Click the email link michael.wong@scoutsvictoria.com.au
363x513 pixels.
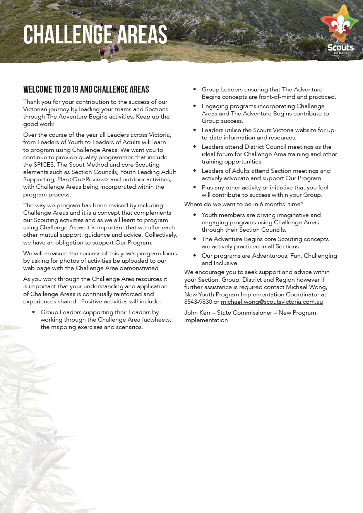click(x=272, y=302)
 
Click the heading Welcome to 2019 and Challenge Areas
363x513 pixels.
click(x=86, y=90)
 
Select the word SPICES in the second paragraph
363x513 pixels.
click(x=44, y=165)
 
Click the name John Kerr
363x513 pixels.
click(x=197, y=313)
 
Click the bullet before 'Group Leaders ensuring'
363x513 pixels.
click(x=195, y=90)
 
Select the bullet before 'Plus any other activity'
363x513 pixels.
click(x=195, y=188)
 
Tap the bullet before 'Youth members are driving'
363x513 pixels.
click(x=195, y=215)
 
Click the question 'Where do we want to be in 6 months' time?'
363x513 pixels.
click(x=244, y=204)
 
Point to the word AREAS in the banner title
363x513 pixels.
click(x=142, y=35)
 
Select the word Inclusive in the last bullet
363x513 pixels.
click(x=225, y=263)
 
